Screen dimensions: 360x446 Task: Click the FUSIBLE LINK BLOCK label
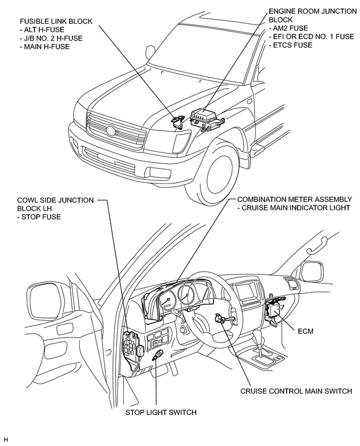pyautogui.click(x=56, y=21)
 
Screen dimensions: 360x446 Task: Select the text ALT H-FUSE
pyautogui.click(x=44, y=30)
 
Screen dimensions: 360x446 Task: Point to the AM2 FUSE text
pyautogui.click(x=290, y=28)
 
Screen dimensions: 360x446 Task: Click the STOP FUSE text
pyautogui.click(x=41, y=217)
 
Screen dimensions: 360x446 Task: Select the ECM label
pyautogui.click(x=305, y=331)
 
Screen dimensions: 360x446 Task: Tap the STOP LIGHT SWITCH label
pyautogui.click(x=161, y=412)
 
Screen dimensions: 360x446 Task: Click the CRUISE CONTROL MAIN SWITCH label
pyautogui.click(x=296, y=391)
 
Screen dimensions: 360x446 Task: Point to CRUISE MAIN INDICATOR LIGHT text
pyautogui.click(x=296, y=208)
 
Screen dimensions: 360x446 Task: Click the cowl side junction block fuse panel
pyautogui.click(x=132, y=344)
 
